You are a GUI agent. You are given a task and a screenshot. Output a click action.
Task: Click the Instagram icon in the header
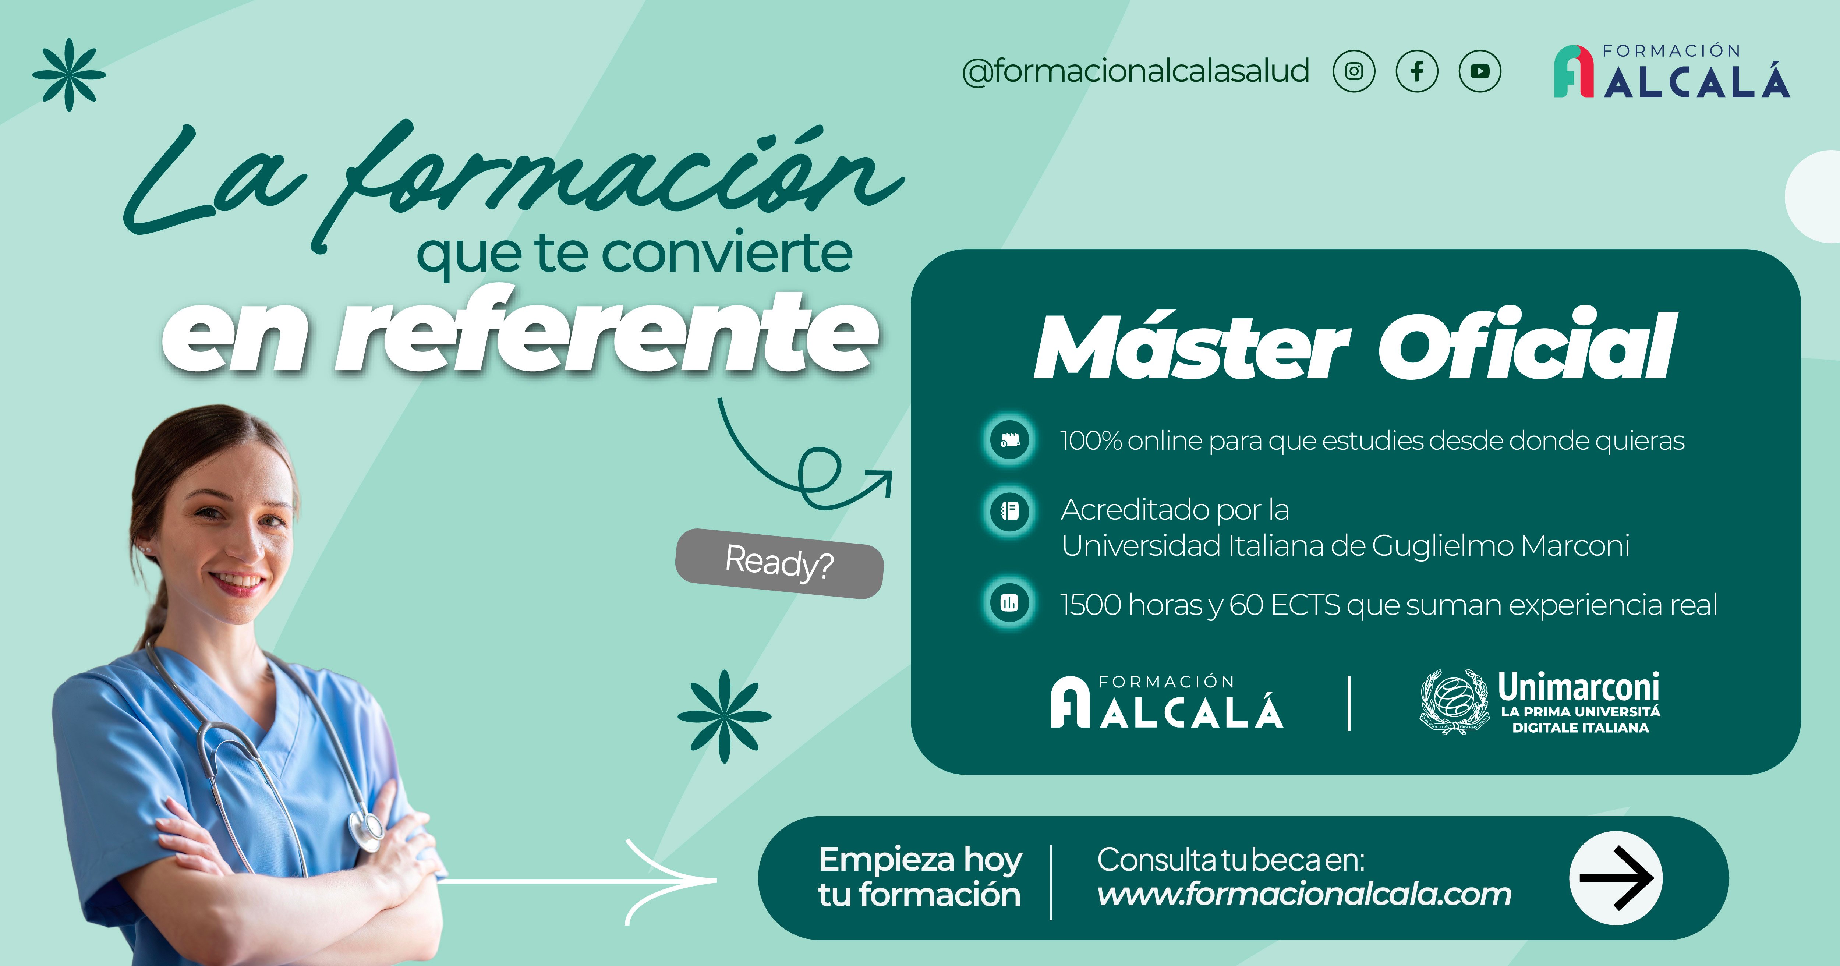click(1354, 71)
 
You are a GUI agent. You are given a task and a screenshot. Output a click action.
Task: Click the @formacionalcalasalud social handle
click(1136, 71)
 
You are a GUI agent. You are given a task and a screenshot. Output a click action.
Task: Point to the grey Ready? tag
click(779, 563)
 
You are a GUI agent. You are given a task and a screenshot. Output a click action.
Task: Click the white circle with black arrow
click(1616, 878)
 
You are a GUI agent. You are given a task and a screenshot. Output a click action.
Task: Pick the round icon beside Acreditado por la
click(1009, 511)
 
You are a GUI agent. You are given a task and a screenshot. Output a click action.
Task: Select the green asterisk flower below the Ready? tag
click(724, 716)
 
